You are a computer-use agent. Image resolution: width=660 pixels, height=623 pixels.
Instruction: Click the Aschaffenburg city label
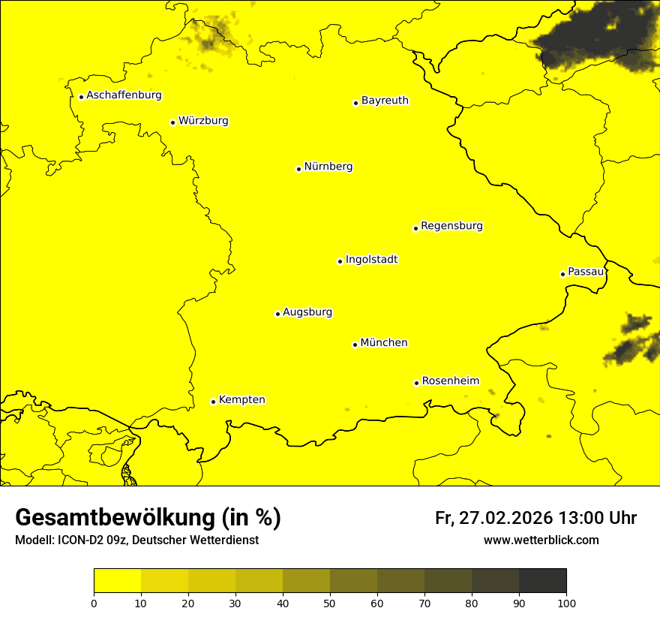(x=124, y=95)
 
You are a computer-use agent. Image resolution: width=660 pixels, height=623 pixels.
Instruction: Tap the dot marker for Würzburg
(x=172, y=122)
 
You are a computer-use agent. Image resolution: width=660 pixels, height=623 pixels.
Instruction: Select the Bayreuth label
(x=385, y=101)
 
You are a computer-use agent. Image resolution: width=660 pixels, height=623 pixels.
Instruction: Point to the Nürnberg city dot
(x=298, y=169)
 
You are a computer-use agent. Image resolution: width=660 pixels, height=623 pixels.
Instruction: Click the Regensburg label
(x=451, y=226)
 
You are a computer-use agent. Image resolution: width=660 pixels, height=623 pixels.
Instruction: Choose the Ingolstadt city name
(x=371, y=260)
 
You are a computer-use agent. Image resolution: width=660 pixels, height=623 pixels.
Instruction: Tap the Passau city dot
(x=562, y=274)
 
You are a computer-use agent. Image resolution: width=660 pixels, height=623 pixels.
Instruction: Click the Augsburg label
(x=307, y=312)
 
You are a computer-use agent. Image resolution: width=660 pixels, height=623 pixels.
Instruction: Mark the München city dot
(x=355, y=345)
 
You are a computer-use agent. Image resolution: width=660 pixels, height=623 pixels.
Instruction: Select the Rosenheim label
(x=450, y=381)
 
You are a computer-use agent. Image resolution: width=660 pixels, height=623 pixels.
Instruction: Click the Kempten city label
(x=241, y=400)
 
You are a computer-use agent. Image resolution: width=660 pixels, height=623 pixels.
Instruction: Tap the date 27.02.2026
(x=503, y=518)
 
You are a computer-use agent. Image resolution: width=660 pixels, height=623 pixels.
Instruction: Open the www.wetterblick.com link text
(x=541, y=540)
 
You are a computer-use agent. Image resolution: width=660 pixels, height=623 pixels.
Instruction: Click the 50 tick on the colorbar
(x=330, y=603)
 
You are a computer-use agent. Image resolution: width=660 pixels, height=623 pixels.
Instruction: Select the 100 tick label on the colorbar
(x=566, y=603)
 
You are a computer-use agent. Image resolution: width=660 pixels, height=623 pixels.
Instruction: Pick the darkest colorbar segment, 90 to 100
(x=542, y=581)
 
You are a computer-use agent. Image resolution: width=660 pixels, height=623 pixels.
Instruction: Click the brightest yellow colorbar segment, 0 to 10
(x=117, y=581)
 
